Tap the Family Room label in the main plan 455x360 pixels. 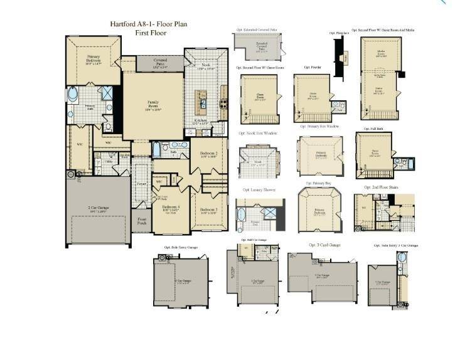[153, 103]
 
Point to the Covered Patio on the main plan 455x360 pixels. [153, 63]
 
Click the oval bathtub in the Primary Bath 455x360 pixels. [73, 95]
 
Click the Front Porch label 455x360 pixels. [142, 221]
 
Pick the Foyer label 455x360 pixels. [142, 184]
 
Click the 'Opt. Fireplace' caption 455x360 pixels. [339, 33]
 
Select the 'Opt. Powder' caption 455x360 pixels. [312, 67]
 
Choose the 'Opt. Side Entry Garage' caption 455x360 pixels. [181, 248]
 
